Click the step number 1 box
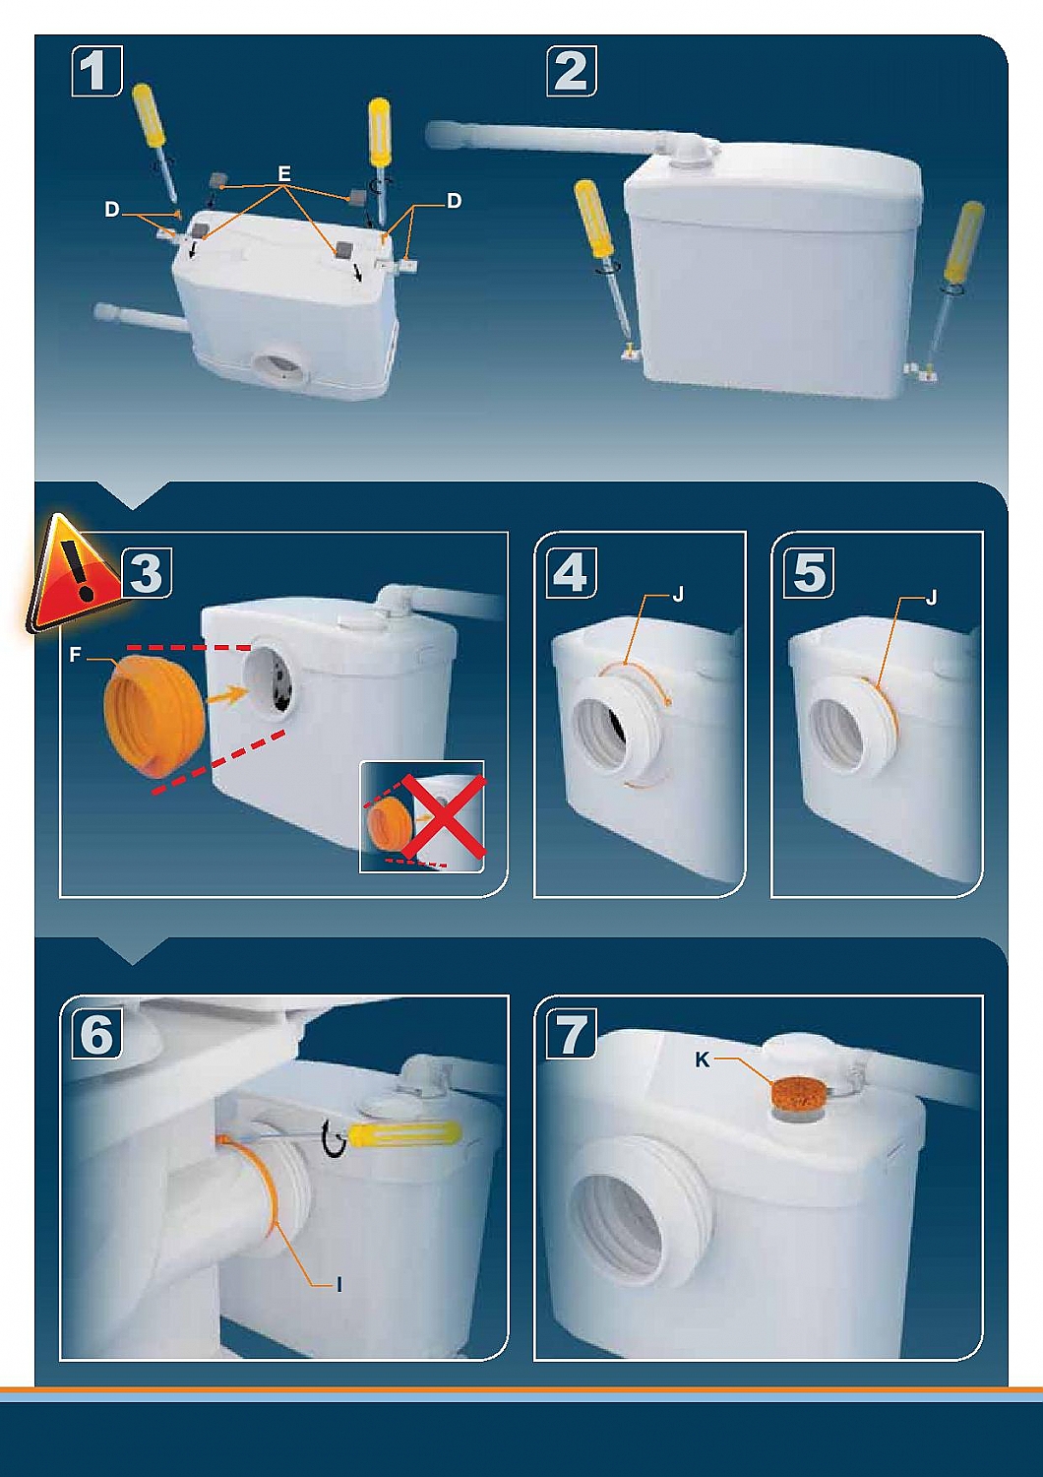[96, 71]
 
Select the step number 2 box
[572, 71]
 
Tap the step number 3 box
[147, 572]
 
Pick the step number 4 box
[571, 572]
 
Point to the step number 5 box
[809, 572]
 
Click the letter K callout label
[703, 1061]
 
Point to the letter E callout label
[284, 173]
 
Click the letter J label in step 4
[677, 596]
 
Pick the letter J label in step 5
[931, 599]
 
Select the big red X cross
[444, 815]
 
